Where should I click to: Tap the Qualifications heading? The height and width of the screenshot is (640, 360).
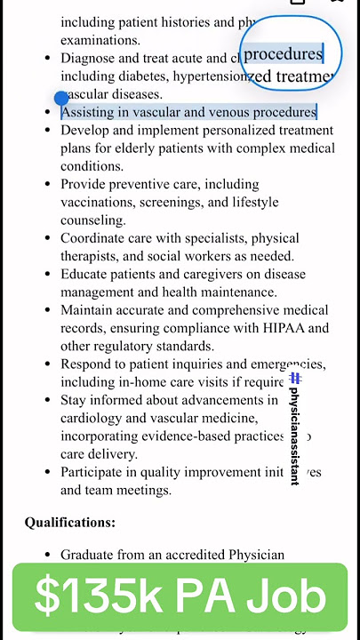(69, 523)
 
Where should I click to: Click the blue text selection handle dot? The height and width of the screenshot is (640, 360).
(60, 98)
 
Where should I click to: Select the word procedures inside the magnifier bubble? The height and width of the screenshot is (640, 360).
(284, 54)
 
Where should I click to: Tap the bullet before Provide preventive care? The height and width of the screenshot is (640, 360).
(48, 184)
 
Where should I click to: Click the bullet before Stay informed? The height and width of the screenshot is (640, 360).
(48, 400)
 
